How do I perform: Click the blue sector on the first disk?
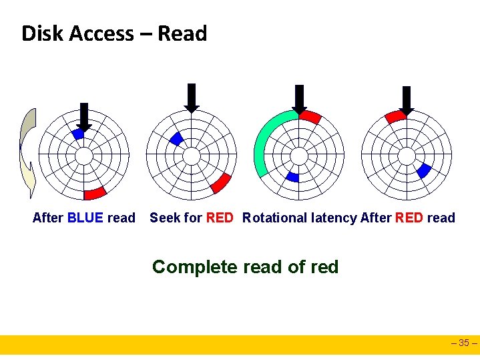click(78, 134)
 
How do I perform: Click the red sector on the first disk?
click(95, 193)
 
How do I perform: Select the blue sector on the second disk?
click(176, 138)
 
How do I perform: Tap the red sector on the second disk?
click(220, 182)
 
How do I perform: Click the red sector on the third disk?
click(310, 117)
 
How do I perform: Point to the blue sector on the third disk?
click(292, 176)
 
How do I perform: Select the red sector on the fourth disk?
click(395, 116)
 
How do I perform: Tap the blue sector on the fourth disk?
click(423, 171)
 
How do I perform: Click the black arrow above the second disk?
click(192, 98)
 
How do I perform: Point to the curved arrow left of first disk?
click(27, 154)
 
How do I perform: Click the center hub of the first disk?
click(83, 156)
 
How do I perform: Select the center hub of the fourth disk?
click(407, 156)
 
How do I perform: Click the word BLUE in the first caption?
click(85, 218)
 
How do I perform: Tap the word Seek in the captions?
click(164, 218)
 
